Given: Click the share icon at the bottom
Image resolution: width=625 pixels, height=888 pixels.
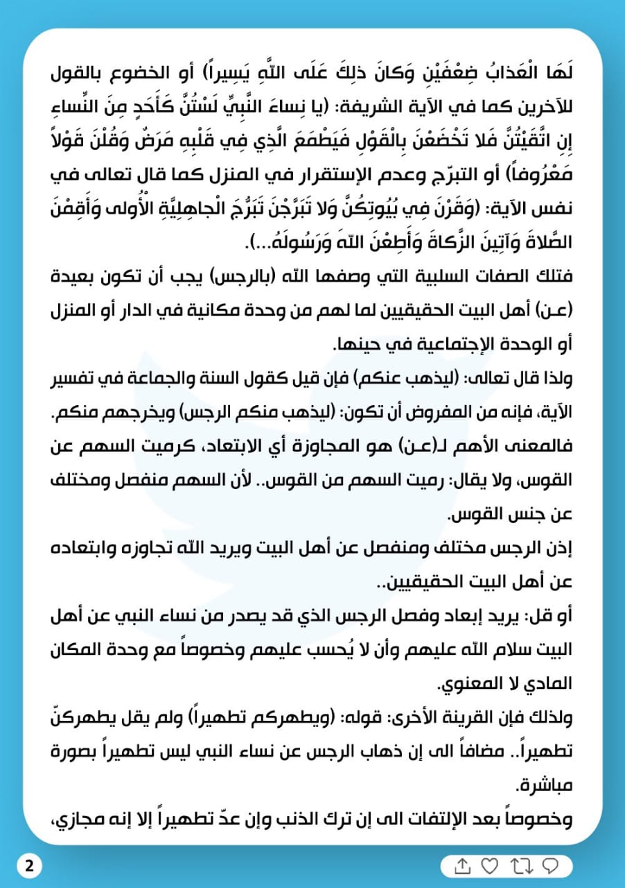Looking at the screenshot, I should point(463,866).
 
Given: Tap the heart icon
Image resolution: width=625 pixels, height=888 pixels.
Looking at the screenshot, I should point(490,866).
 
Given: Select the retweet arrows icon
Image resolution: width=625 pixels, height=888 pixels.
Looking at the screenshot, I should point(520,866).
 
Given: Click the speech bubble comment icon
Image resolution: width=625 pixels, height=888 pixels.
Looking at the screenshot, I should point(550,866).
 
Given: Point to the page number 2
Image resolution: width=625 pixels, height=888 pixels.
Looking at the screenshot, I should point(28,866).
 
